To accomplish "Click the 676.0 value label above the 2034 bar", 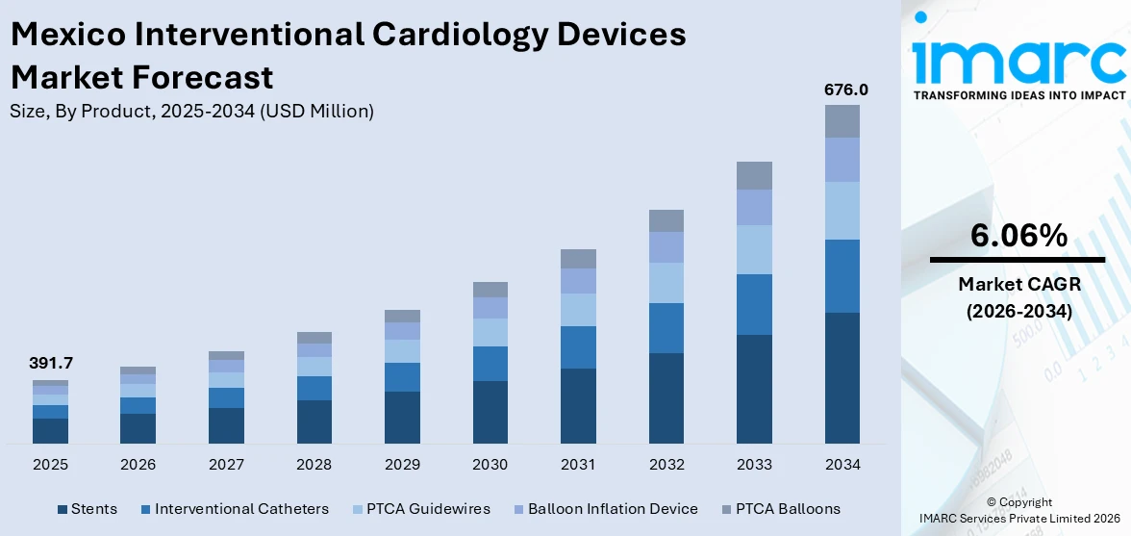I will (x=845, y=89).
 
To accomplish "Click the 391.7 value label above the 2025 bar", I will (x=51, y=363).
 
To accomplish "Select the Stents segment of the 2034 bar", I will (x=842, y=377).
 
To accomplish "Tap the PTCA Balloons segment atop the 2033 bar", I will (x=754, y=175).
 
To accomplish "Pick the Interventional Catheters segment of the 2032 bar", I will (x=666, y=328).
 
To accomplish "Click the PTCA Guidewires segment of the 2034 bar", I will (x=842, y=211).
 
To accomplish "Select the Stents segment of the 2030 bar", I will (x=490, y=412).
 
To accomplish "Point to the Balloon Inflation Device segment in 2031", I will (x=578, y=281).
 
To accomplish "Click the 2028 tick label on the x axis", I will (x=314, y=465).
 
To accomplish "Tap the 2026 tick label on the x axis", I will (x=138, y=465).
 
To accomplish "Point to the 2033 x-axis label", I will (x=754, y=465).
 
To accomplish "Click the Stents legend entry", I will (x=88, y=509).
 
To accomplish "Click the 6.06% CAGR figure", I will (x=1018, y=235).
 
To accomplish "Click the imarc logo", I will (x=1018, y=60).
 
